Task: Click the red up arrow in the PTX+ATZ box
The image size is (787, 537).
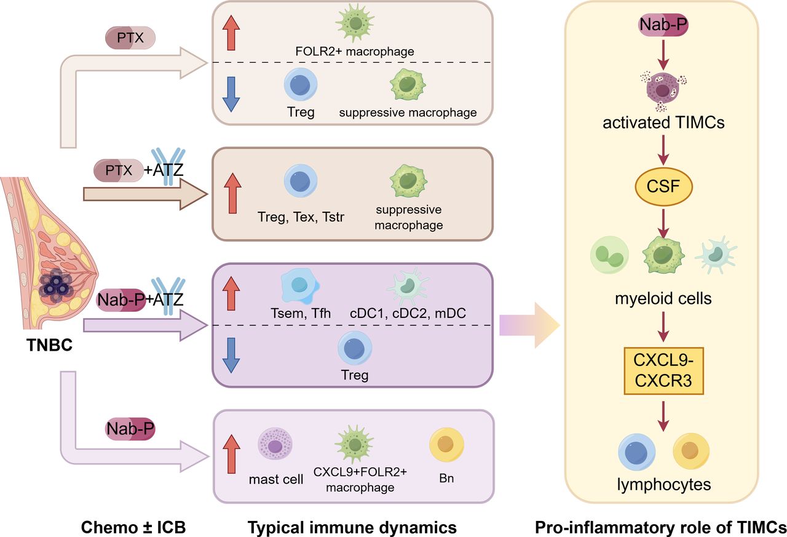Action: [x=229, y=193]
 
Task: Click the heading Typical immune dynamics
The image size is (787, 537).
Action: [x=352, y=527]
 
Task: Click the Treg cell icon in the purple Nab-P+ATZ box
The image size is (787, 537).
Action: [x=355, y=349]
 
